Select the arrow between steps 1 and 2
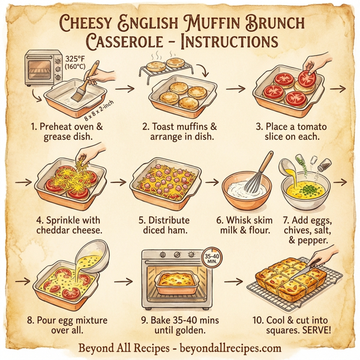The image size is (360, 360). click(124, 89)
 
